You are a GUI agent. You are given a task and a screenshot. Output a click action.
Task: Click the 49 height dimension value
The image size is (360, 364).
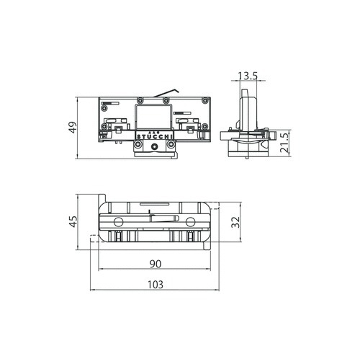(73, 128)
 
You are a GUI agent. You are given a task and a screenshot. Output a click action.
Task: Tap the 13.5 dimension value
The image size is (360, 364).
(248, 76)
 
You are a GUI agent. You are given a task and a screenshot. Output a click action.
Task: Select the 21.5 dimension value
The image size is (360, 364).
(285, 143)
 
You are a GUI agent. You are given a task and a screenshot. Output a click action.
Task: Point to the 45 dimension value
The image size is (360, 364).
(73, 221)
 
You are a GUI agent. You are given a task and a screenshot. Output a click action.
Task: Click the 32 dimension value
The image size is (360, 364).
(235, 222)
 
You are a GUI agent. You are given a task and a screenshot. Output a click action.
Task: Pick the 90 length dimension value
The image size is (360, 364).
(156, 264)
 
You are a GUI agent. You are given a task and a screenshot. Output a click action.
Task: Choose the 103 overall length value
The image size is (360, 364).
(156, 285)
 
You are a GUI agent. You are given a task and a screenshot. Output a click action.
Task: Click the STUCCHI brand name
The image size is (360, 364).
(155, 137)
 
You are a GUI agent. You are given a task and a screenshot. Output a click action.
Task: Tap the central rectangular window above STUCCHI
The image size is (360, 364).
(153, 117)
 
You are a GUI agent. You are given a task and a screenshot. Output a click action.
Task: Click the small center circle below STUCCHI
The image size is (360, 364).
(154, 146)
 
